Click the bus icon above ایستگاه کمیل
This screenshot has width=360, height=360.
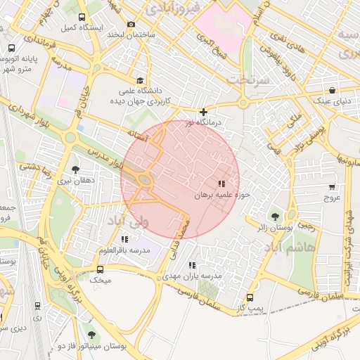pos(82,17)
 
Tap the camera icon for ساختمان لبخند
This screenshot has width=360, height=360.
pos(131,25)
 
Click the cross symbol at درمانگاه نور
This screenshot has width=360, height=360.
pos(203,112)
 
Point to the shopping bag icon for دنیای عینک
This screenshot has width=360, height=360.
pos(331,91)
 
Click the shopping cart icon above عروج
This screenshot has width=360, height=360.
pos(331,187)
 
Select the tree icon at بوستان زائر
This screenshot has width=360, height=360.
pos(275,217)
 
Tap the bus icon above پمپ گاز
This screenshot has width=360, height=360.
pos(251,297)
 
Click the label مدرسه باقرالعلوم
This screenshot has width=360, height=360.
pos(124,251)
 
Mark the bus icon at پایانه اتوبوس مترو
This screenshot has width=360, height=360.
pos(12,48)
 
